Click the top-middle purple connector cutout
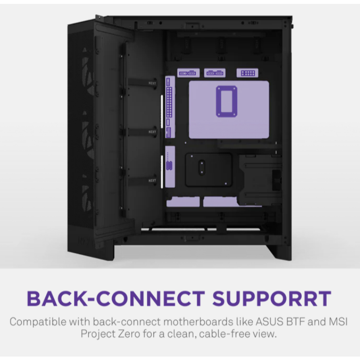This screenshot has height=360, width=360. [214, 73]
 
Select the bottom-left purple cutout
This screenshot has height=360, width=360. [183, 201]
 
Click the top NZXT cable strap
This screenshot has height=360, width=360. [152, 83]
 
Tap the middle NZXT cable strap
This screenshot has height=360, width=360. [152, 132]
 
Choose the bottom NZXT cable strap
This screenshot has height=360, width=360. [152, 181]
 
